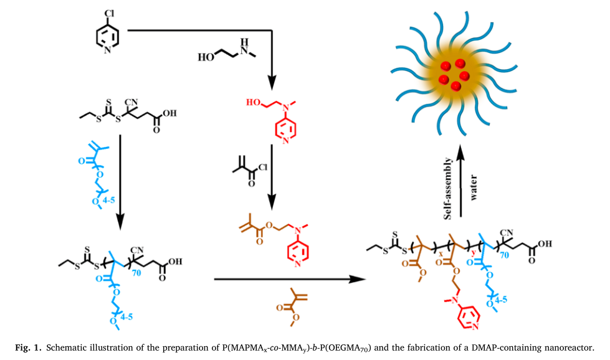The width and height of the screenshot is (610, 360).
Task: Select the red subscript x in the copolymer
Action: click(x=441, y=256)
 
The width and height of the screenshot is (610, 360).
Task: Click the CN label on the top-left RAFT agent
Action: click(x=131, y=102)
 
